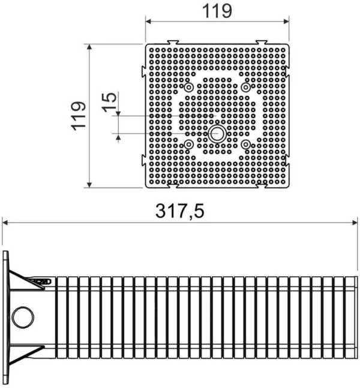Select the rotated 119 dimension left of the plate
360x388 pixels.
pyautogui.click(x=77, y=115)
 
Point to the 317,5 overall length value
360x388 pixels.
pyautogui.click(x=180, y=211)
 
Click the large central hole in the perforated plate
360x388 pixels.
pyautogui.click(x=217, y=133)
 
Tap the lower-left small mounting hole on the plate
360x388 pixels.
pyautogui.click(x=189, y=144)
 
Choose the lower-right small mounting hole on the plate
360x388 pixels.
pyautogui.click(x=246, y=144)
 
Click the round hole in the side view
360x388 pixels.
pyautogui.click(x=23, y=315)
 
